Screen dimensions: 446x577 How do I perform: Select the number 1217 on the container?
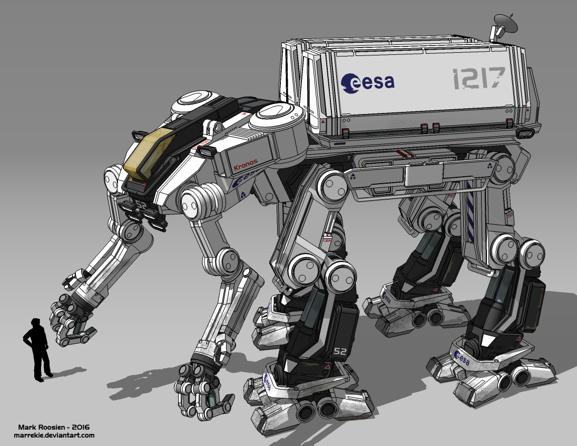click(478, 79)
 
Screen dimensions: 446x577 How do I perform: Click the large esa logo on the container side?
click(368, 81)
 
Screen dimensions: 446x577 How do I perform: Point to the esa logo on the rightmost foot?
click(462, 358)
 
